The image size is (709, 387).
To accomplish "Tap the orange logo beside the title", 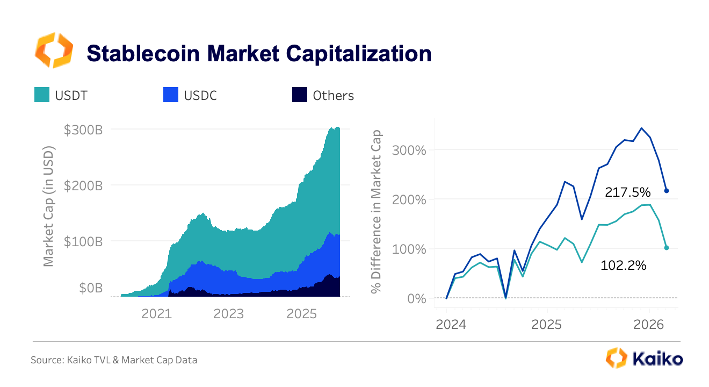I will (x=54, y=50).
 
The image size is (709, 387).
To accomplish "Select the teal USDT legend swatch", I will (x=42, y=95).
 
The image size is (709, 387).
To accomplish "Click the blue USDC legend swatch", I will (x=170, y=95).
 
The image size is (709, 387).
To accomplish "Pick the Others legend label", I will (x=333, y=96).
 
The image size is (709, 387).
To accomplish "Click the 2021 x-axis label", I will (x=157, y=313).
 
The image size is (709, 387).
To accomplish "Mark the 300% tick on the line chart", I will (x=410, y=150).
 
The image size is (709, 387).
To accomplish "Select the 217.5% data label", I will (x=628, y=192).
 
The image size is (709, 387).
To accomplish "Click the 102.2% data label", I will (x=624, y=265).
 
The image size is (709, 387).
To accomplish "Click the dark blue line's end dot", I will (x=667, y=191).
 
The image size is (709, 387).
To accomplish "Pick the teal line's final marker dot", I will (x=667, y=248).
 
